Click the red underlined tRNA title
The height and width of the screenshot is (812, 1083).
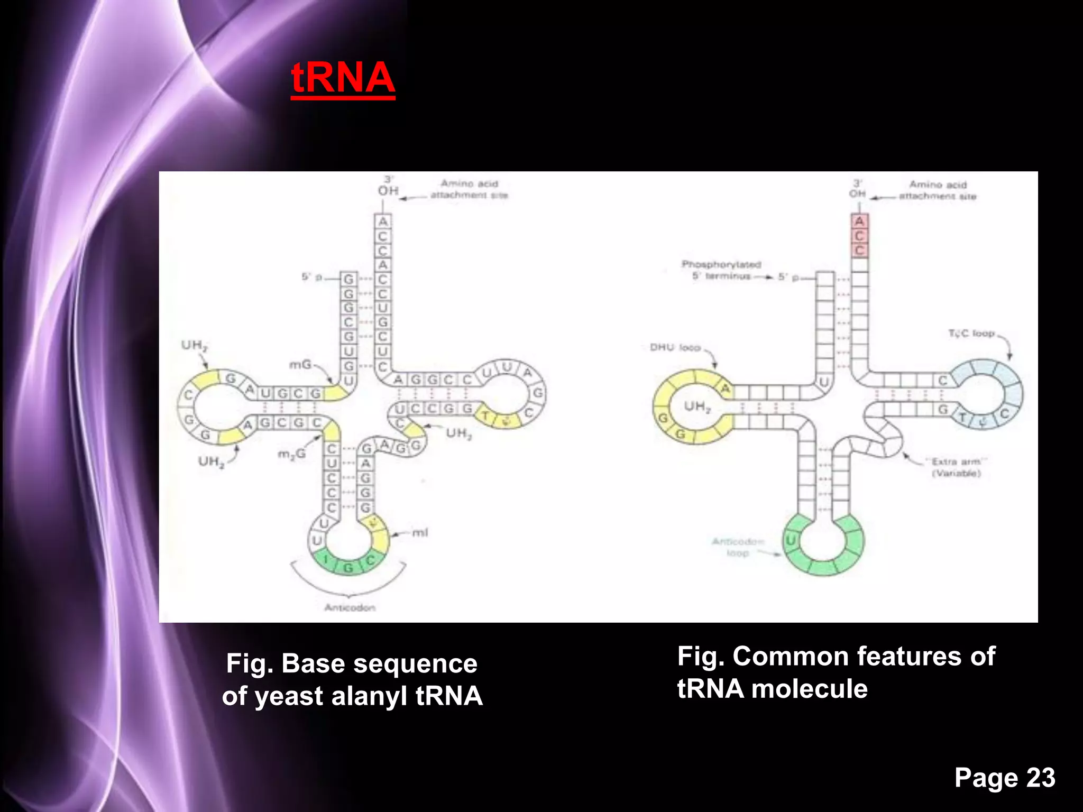pyautogui.click(x=343, y=78)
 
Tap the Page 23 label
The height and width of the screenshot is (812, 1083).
pyautogui.click(x=1004, y=778)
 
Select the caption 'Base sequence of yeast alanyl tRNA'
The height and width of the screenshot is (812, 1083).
pyautogui.click(x=352, y=679)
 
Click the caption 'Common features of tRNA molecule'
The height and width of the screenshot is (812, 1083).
pyautogui.click(x=836, y=672)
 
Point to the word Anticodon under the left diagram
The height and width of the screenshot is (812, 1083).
pyautogui.click(x=350, y=607)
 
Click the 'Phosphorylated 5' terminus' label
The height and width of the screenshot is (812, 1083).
pyautogui.click(x=721, y=270)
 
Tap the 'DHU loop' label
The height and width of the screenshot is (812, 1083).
pyautogui.click(x=675, y=347)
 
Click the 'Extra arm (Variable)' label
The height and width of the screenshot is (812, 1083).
pyautogui.click(x=956, y=467)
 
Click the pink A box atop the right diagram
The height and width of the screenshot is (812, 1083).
pyautogui.click(x=859, y=221)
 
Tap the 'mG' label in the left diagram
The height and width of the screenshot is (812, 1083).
pyautogui.click(x=300, y=364)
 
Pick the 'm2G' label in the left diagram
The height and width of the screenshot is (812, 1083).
pyautogui.click(x=291, y=454)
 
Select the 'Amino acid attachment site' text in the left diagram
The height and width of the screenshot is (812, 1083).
pyautogui.click(x=469, y=189)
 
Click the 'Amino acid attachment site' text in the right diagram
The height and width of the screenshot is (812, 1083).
pyautogui.click(x=938, y=190)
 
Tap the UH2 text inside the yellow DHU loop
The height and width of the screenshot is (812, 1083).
pyautogui.click(x=697, y=407)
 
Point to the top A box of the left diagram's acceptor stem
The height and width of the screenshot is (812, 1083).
pyautogui.click(x=383, y=222)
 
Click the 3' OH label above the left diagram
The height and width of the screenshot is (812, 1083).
pyautogui.click(x=388, y=186)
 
